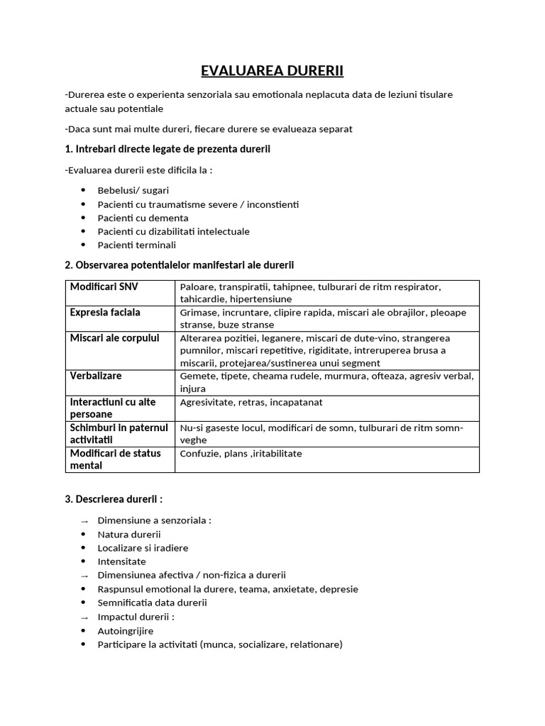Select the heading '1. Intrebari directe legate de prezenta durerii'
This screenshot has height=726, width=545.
click(167, 149)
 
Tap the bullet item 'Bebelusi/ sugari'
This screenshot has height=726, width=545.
click(133, 191)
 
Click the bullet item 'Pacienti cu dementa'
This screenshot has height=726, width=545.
click(143, 218)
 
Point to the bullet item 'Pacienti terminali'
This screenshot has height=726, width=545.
click(136, 245)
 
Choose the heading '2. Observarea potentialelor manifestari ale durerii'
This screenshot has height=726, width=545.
click(179, 264)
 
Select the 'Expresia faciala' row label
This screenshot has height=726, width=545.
click(105, 313)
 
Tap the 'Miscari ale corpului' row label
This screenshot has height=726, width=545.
click(114, 338)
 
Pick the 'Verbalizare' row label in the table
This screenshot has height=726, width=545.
click(96, 375)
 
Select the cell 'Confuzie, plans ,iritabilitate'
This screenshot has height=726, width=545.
click(241, 453)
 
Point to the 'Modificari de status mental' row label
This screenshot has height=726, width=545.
click(115, 459)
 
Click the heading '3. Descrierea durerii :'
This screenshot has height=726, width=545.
click(114, 499)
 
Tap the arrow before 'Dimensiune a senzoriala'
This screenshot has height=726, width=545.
click(84, 521)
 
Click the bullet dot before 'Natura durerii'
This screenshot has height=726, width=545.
click(84, 534)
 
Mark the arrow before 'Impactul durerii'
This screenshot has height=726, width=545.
click(84, 618)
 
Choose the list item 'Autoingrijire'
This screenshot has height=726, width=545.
click(126, 630)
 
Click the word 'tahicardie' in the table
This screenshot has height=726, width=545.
click(203, 299)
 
